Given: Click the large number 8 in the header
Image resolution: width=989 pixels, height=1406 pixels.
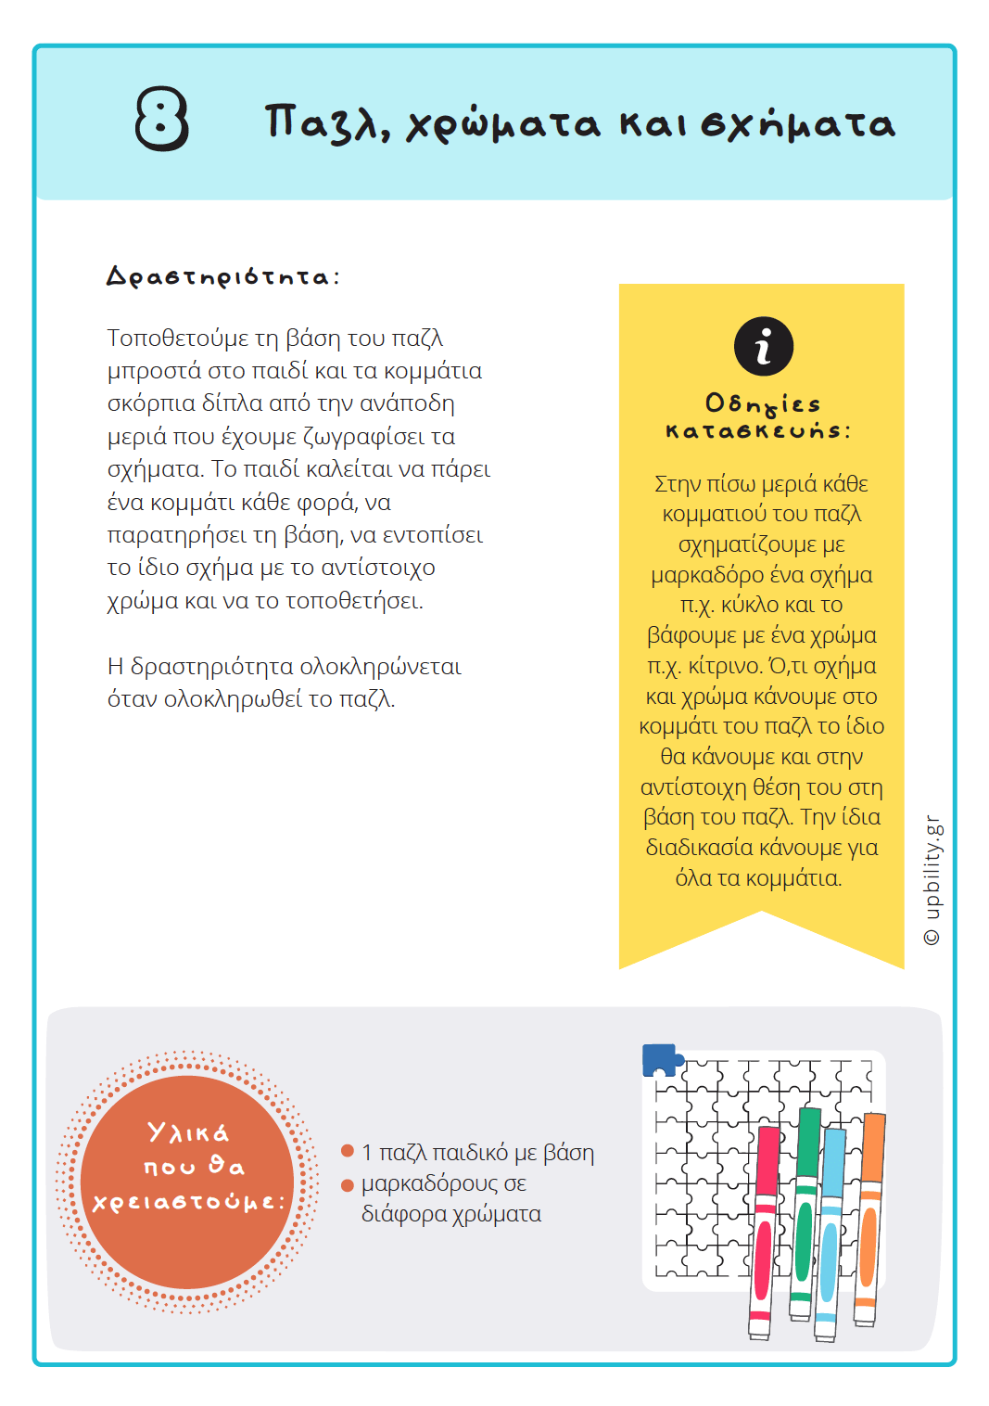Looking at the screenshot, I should [162, 119].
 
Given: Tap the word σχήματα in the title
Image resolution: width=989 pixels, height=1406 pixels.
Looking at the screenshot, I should [798, 124].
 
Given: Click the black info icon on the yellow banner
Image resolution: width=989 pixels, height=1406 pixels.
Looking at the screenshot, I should [763, 347].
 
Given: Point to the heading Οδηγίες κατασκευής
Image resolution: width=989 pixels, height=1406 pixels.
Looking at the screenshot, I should [760, 416].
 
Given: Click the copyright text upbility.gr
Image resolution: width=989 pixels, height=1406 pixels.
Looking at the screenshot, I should [932, 880].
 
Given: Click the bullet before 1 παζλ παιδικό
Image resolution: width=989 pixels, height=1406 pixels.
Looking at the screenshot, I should [348, 1151].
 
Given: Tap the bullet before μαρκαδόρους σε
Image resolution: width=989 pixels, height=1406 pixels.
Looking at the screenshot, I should [348, 1184].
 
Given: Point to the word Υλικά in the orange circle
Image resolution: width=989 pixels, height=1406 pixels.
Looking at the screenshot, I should [188, 1132].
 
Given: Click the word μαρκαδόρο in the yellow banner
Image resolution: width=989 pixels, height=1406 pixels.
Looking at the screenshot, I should [704, 575].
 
